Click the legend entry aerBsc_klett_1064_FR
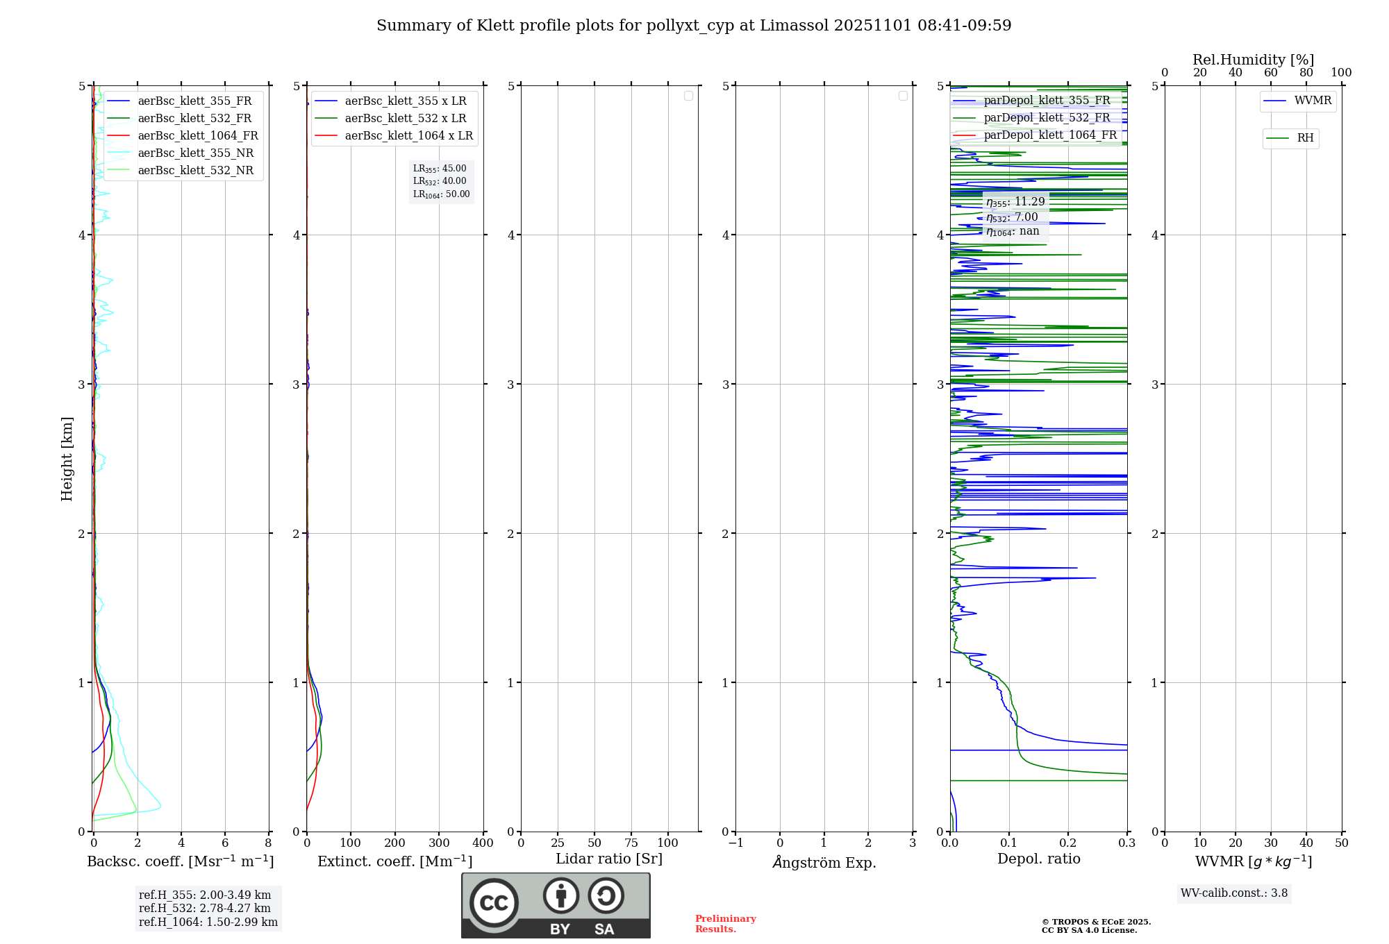pos(197,135)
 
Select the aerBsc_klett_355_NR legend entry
pos(195,153)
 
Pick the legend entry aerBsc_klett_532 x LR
pos(406,118)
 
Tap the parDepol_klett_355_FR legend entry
pos(1047,100)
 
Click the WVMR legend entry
pos(1313,101)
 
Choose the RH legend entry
pos(1305,138)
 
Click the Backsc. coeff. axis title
pos(181,861)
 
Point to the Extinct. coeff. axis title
pos(394,861)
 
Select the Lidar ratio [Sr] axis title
pos(609,859)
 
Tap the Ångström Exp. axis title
pos(824,862)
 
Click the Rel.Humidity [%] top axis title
pos(1253,60)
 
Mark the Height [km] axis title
pos(67,458)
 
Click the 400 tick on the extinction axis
pos(483,843)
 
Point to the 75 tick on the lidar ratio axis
pos(631,843)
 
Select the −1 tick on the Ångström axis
pos(735,843)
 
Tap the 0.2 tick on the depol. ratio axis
pos(1067,843)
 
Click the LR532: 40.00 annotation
pos(440,181)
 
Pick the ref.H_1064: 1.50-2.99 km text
pos(208,922)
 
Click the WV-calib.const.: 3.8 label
pos(1234,893)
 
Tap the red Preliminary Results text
pos(725,924)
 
